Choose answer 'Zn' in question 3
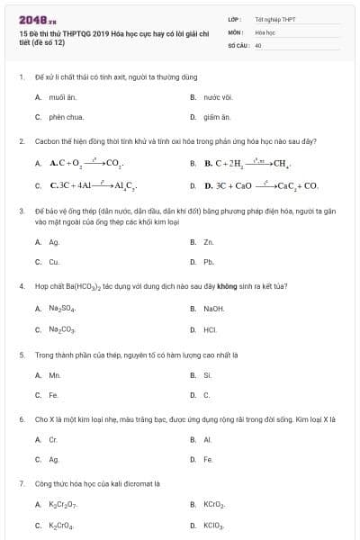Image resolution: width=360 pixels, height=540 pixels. tap(208, 242)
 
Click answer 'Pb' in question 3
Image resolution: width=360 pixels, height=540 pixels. tap(208, 263)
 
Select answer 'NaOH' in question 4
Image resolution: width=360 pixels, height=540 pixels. tap(213, 309)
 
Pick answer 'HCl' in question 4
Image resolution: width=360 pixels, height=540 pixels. tap(210, 329)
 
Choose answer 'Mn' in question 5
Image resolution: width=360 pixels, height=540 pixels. tap(54, 374)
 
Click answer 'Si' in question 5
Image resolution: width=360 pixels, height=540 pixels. tap(207, 374)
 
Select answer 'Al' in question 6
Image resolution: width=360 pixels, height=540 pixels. tap(207, 440)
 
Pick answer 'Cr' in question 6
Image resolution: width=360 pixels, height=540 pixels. tap(53, 440)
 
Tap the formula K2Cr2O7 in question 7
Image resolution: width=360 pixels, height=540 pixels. tap(63, 506)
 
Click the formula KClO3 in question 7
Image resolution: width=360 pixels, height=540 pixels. tap(214, 526)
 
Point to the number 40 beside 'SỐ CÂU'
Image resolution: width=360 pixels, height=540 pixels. tap(258, 44)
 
